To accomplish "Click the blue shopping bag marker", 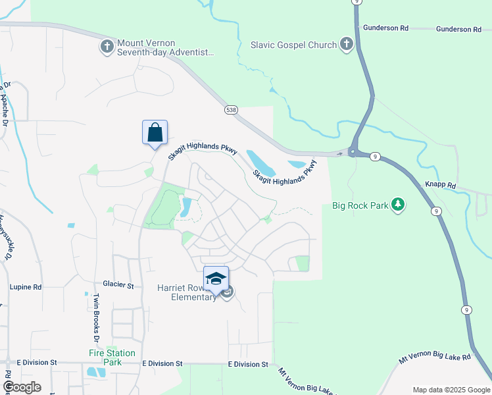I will coord(155,132).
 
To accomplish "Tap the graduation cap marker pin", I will coord(216,278).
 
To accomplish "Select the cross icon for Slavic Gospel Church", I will coord(346,45).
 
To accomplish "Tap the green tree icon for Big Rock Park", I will coord(397,205).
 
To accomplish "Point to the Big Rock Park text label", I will coord(360,205).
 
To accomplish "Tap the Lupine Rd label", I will coord(26,287).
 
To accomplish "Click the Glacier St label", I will coord(118,286).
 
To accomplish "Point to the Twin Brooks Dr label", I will coord(95,319).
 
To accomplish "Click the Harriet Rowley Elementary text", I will coord(187,292).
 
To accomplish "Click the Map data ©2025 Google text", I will coord(451,390).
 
